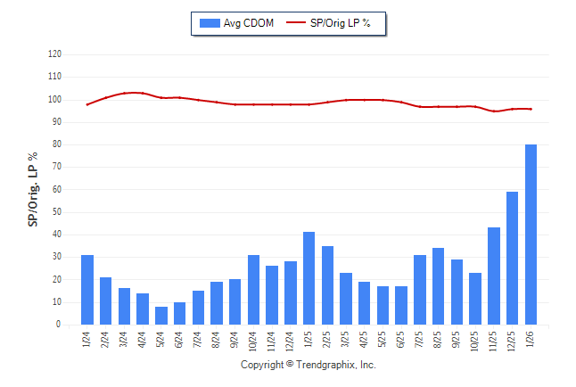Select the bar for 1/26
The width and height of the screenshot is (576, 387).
click(x=531, y=235)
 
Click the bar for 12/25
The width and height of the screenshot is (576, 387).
click(x=512, y=259)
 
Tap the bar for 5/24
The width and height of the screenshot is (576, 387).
click(x=161, y=316)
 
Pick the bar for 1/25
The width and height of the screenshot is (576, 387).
click(x=309, y=278)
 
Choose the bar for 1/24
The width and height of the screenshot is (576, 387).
click(x=87, y=290)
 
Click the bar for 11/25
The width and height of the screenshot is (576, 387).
click(x=494, y=276)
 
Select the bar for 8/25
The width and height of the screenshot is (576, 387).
click(x=439, y=286)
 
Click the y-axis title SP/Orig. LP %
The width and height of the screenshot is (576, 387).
click(x=33, y=189)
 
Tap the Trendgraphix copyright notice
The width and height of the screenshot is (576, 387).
click(x=309, y=366)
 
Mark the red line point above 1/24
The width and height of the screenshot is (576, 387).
click(x=87, y=104)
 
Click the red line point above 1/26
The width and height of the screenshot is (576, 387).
click(x=531, y=109)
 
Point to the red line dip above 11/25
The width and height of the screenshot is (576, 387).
click(x=494, y=111)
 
